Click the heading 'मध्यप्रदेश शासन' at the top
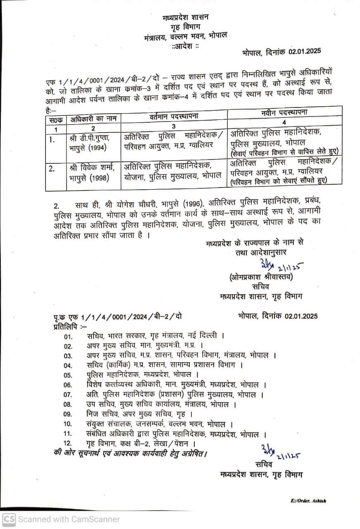pos(185,17)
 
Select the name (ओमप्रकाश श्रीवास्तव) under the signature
pos(261,277)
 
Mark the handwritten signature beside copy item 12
pos(280,452)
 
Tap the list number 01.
pos(68,336)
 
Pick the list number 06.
pos(68,385)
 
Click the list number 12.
pos(68,443)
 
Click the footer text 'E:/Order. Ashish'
pos(308,500)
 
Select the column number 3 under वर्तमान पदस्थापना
pos(174,126)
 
